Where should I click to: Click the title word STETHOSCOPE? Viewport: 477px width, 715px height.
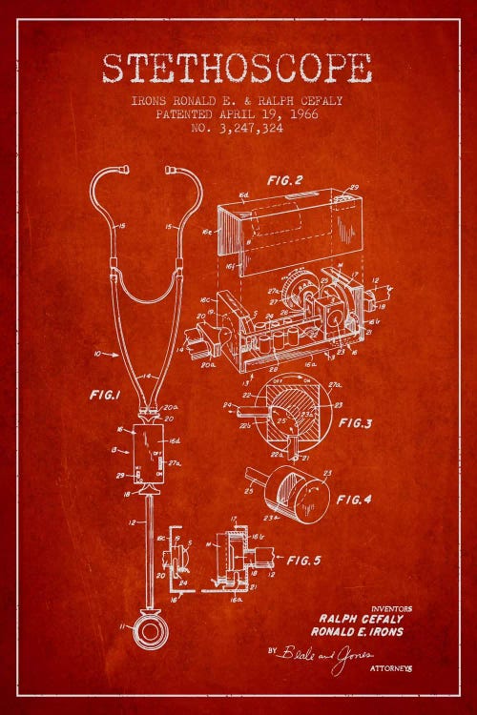coord(238,69)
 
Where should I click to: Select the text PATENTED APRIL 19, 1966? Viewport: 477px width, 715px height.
coord(238,113)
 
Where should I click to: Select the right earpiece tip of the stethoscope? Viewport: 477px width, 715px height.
coord(170,171)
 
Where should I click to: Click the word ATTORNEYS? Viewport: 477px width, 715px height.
coord(391,669)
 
